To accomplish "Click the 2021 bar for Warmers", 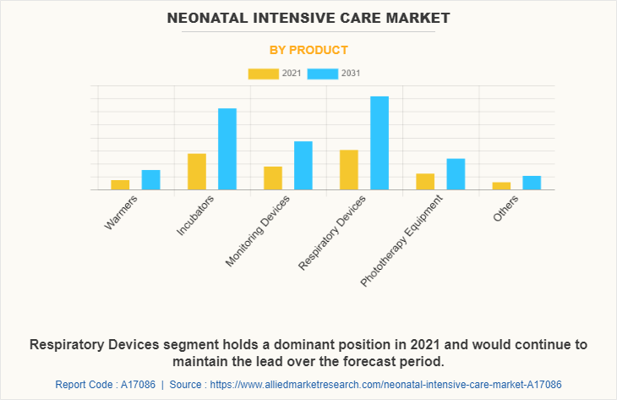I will tap(120, 184).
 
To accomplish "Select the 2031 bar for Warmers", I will tap(150, 179).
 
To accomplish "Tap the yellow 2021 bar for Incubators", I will tap(197, 172).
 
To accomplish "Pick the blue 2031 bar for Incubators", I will tap(227, 149).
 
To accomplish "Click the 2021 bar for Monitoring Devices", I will tap(273, 178).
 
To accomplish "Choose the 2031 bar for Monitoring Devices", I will tap(303, 165).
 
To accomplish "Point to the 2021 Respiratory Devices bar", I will tap(349, 169).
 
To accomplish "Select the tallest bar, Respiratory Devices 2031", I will tap(379, 143).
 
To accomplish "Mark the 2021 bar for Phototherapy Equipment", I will tap(425, 181).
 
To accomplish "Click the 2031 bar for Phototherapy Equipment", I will tap(456, 174).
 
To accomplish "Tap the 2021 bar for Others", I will tap(501, 185).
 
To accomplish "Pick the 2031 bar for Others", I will tap(532, 183).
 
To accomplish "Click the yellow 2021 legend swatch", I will tap(263, 74).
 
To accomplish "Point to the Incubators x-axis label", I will tap(196, 215).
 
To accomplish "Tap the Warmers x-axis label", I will tap(121, 212).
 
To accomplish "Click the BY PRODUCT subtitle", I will tap(308, 50).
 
